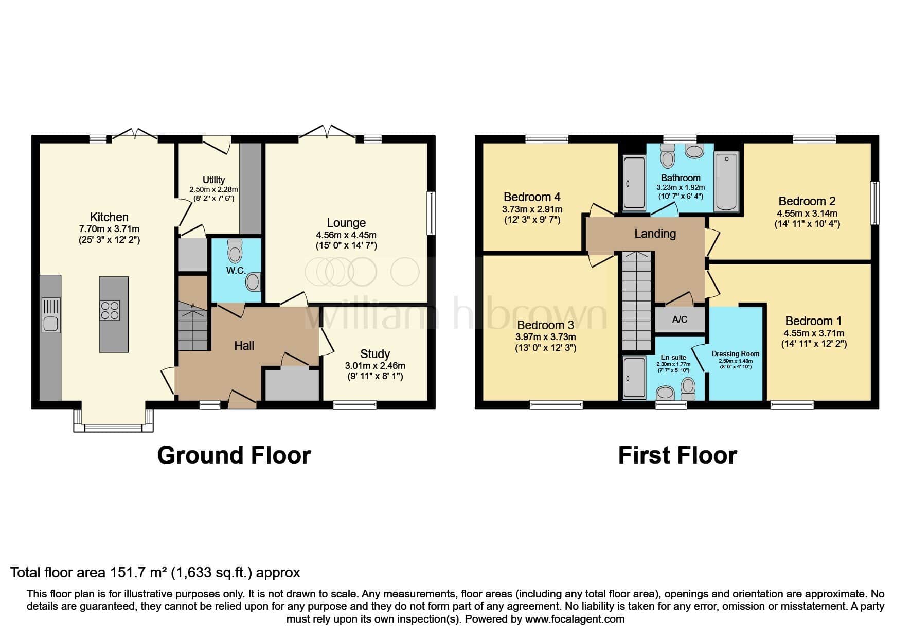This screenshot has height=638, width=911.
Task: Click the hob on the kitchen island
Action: (x=110, y=311)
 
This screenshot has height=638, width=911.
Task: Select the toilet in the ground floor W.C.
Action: (x=235, y=250)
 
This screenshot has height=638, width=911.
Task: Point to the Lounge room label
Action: (x=346, y=223)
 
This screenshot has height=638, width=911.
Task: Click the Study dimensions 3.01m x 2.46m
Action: (x=375, y=366)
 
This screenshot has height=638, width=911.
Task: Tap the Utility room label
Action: (x=213, y=180)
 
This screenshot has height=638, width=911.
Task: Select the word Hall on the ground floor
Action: (x=244, y=346)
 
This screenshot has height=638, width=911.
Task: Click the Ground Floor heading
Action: (x=234, y=455)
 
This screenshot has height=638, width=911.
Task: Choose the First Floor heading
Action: (x=677, y=455)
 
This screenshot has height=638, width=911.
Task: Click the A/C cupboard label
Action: (x=680, y=320)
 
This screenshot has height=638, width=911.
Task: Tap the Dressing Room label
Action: (x=736, y=354)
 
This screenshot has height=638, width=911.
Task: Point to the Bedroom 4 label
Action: (x=532, y=197)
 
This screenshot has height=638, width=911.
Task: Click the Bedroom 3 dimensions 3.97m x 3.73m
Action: (x=546, y=338)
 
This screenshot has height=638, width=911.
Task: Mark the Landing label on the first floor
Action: (x=655, y=234)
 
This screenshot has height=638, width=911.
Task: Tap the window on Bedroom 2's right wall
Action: (x=874, y=203)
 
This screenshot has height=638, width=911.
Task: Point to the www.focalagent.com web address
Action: (x=575, y=619)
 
